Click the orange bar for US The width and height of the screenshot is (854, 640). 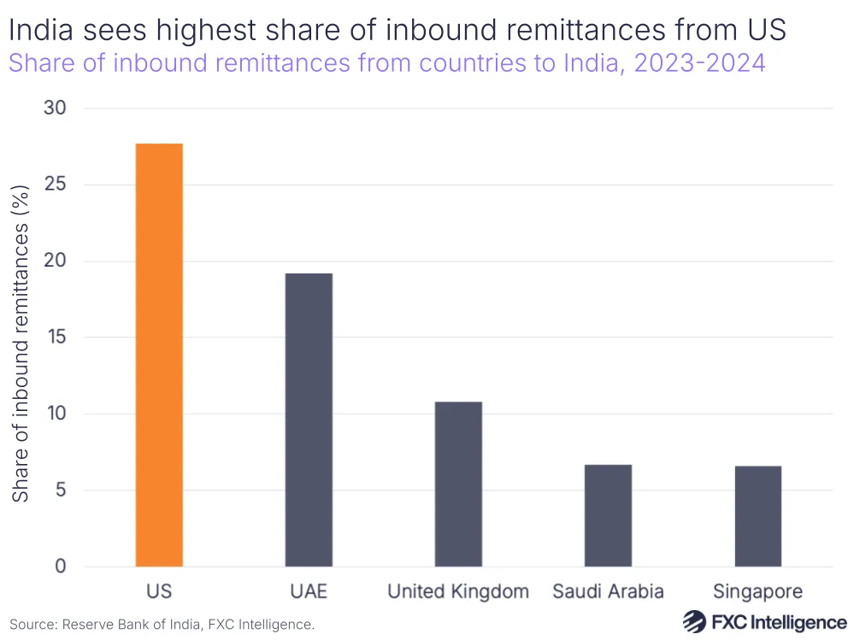[x=158, y=355]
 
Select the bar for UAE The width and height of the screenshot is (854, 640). [x=309, y=420]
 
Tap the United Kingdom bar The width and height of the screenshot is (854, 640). [x=458, y=484]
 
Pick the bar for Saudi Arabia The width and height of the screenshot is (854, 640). [x=608, y=515]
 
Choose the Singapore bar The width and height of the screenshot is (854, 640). [x=757, y=516]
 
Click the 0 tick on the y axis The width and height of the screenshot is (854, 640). [x=62, y=567]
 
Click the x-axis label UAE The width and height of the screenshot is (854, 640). [x=309, y=591]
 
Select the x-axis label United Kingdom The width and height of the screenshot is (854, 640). [x=458, y=591]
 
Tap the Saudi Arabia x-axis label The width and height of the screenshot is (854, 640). [x=608, y=591]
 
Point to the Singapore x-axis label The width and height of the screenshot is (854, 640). [x=757, y=591]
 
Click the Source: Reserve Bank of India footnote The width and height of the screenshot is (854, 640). [x=162, y=625]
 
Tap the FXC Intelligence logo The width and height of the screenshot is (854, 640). [x=764, y=621]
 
